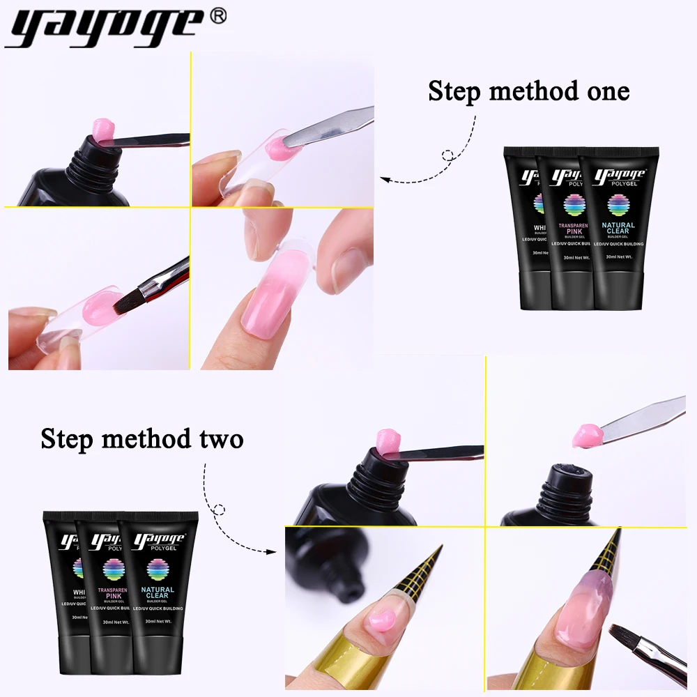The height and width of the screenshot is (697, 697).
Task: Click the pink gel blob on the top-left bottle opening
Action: (105, 131)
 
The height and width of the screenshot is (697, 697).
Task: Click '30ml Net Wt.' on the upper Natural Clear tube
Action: (618, 257)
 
